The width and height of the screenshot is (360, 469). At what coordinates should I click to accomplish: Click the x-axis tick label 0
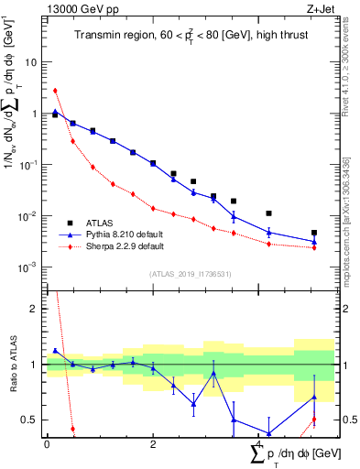point(47,443)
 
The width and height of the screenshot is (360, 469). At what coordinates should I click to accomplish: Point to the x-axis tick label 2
point(153,443)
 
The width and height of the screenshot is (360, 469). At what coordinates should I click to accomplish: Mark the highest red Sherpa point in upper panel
point(55,91)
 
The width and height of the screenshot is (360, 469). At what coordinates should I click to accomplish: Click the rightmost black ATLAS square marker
point(314,233)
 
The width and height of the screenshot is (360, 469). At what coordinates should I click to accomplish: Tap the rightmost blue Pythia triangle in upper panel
point(314,242)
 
